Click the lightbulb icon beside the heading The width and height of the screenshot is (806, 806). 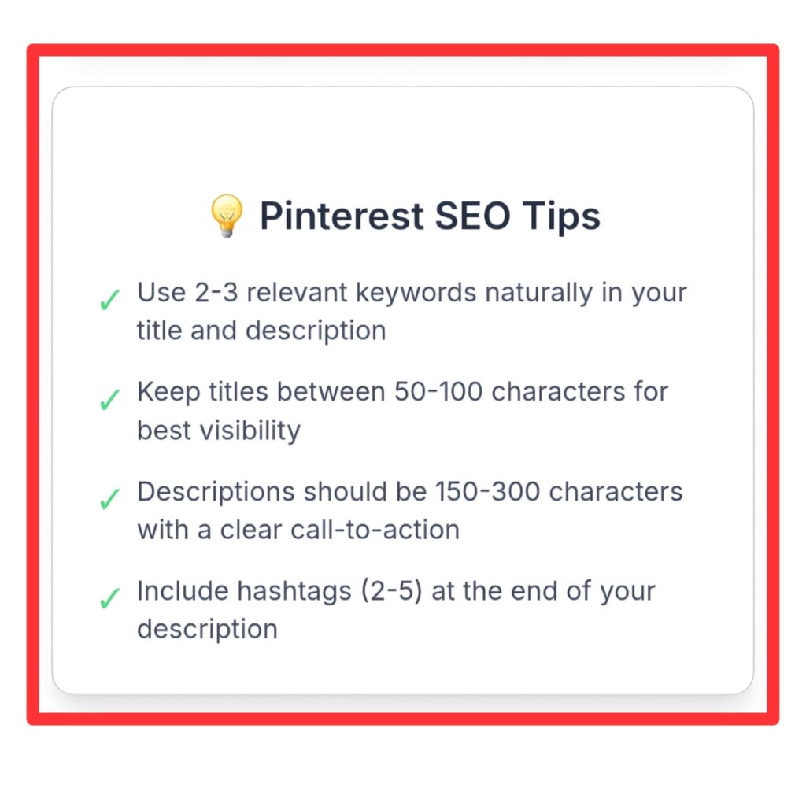(226, 216)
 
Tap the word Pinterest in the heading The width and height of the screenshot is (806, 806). (342, 216)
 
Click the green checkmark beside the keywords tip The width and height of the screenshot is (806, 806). (109, 299)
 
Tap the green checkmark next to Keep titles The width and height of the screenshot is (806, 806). (109, 399)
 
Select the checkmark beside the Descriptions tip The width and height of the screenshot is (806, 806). (109, 499)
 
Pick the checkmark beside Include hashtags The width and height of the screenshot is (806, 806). (109, 598)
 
